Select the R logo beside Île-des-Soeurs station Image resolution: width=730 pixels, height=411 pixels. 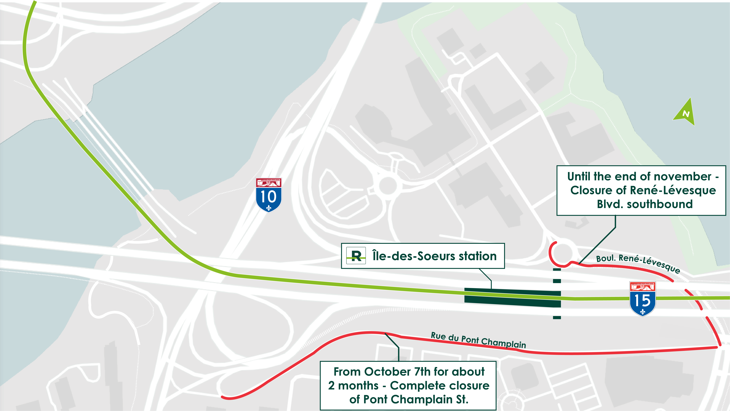[356, 256]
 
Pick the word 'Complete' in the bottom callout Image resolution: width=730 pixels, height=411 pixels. [412, 386]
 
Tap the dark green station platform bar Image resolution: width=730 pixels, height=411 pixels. [512, 297]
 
